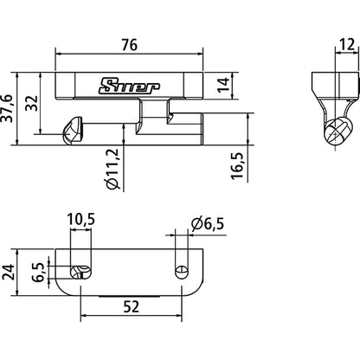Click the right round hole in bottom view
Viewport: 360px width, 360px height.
181,272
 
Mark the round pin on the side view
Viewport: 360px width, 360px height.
338,132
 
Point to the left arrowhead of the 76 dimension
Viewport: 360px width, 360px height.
59,52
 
